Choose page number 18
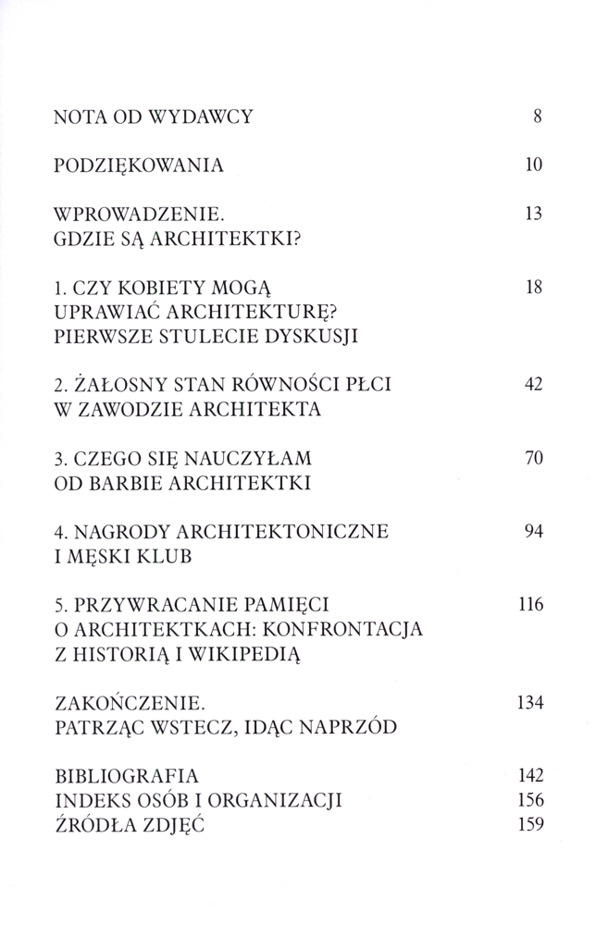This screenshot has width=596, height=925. [x=531, y=288]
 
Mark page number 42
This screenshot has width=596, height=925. [x=531, y=385]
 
